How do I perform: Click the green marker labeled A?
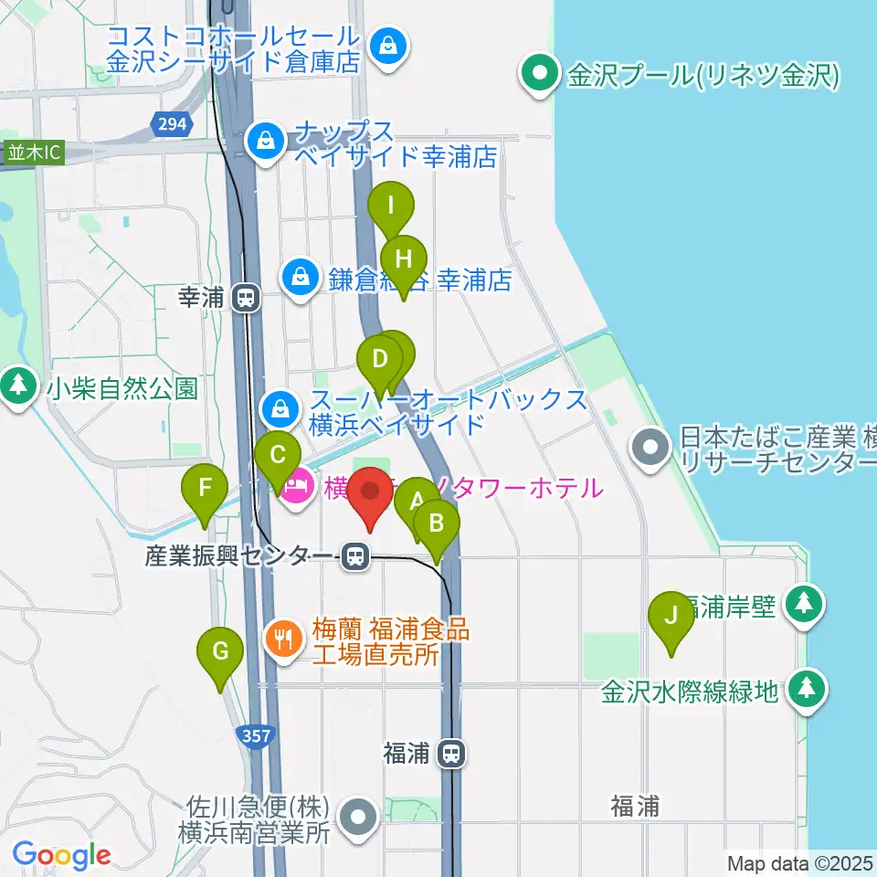[x=417, y=502]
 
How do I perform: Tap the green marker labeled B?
[x=437, y=524]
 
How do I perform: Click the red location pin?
[x=371, y=492]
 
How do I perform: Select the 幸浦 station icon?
[x=245, y=297]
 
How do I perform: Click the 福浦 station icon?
[x=450, y=754]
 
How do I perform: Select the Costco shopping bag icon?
[x=388, y=43]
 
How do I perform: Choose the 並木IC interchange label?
[x=35, y=153]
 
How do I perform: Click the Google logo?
[x=61, y=855]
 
